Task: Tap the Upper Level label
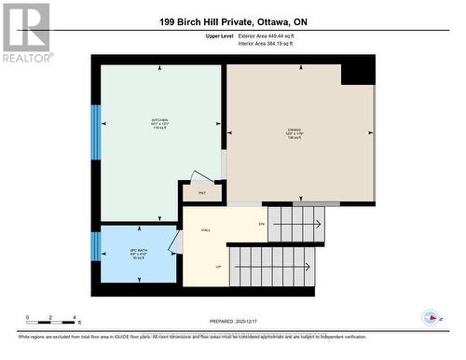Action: tap(220, 35)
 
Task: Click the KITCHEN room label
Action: tap(160, 122)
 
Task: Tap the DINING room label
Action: tap(294, 130)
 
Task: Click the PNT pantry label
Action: tap(201, 194)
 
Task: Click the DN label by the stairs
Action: tap(262, 224)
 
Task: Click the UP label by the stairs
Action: tap(219, 267)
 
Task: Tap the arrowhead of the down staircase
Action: tap(320, 224)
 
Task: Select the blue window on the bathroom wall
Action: tap(95, 248)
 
